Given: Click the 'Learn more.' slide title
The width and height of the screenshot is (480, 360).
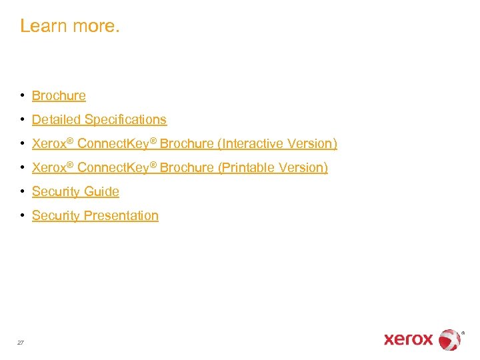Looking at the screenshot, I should click(70, 26).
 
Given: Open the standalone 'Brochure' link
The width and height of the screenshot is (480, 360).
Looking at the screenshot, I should click(59, 96).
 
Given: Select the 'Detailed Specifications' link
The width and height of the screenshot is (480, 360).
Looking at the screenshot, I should click(99, 120).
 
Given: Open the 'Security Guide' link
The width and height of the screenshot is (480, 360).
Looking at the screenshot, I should click(75, 192).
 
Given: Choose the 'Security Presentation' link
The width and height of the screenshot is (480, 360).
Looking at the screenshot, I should click(95, 216).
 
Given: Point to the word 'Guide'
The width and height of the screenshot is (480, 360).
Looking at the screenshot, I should click(101, 192).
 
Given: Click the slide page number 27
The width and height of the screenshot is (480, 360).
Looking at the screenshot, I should click(21, 342).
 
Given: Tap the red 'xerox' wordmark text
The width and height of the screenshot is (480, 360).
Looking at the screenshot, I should click(408, 339).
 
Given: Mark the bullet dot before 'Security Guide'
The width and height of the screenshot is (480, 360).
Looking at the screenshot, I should click(23, 191).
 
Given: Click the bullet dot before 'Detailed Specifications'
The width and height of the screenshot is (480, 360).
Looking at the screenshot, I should click(23, 119).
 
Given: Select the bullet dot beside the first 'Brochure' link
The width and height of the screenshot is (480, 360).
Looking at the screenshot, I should click(23, 95).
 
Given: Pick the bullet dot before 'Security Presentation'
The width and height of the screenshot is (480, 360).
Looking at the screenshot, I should click(23, 215).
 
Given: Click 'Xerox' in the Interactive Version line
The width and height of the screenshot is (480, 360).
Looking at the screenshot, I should click(48, 144).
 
